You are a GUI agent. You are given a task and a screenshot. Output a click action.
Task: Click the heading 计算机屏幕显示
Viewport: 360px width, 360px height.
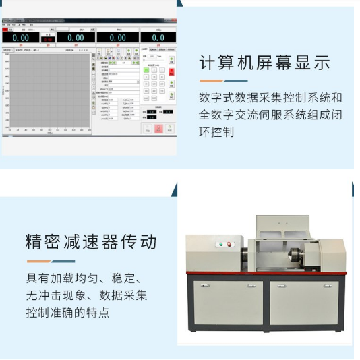[264, 63]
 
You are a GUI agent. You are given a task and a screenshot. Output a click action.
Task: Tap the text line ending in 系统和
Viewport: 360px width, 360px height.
[270, 98]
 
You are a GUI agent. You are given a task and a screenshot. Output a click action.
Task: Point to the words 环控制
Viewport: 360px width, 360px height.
[216, 132]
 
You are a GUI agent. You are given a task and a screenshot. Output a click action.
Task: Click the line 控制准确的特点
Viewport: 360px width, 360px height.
[67, 313]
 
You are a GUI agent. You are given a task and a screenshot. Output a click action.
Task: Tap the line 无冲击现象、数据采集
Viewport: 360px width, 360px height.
[86, 296]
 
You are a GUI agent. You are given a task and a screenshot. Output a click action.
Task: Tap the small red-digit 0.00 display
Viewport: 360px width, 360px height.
[48, 40]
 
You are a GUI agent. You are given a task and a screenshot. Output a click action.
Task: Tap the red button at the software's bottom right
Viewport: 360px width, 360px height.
[159, 129]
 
